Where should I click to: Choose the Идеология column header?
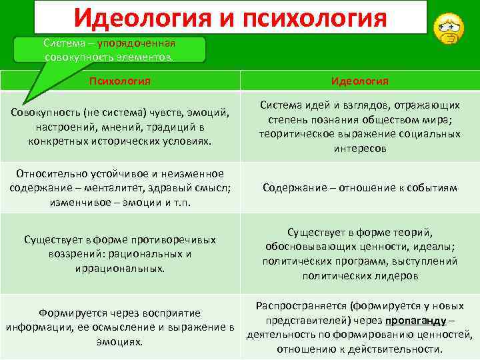[360, 81]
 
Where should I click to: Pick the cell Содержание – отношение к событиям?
[360, 188]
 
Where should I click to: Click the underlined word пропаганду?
[415, 321]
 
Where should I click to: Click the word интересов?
[360, 149]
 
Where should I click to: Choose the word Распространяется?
[295, 306]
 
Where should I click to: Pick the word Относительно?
[45, 173]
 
